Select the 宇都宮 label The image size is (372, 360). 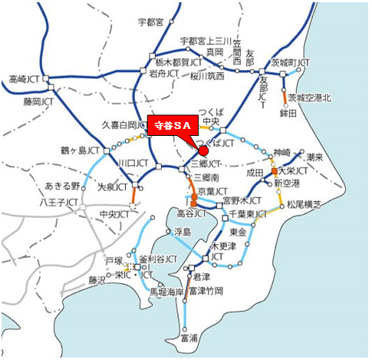click(149, 22)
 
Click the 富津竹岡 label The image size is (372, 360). click(209, 291)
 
